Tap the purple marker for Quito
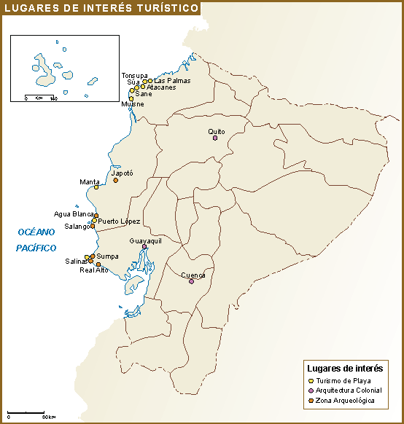click(215, 138)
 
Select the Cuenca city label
click(193, 275)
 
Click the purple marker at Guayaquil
click(144, 247)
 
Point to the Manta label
click(90, 181)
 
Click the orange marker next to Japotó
click(115, 180)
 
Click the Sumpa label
click(107, 256)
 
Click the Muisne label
click(133, 104)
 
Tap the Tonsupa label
click(134, 76)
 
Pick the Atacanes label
click(161, 87)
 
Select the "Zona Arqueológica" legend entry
click(346, 401)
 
